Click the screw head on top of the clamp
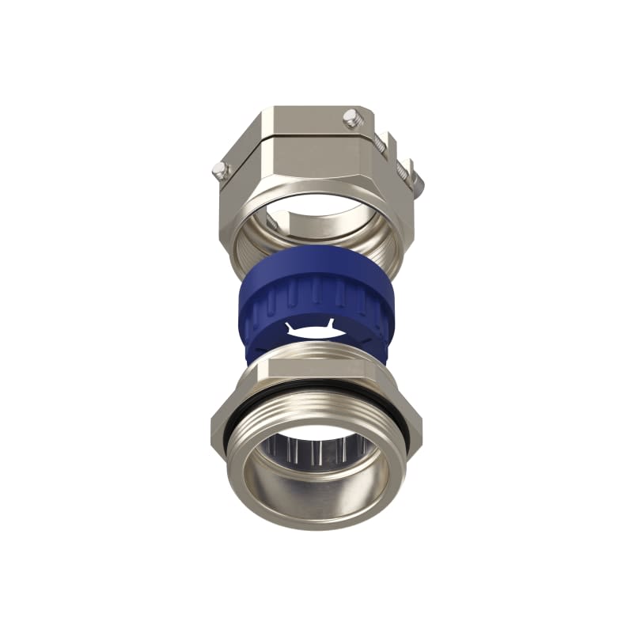click(350, 119)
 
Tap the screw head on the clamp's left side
click(221, 169)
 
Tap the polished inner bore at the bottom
click(316, 498)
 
